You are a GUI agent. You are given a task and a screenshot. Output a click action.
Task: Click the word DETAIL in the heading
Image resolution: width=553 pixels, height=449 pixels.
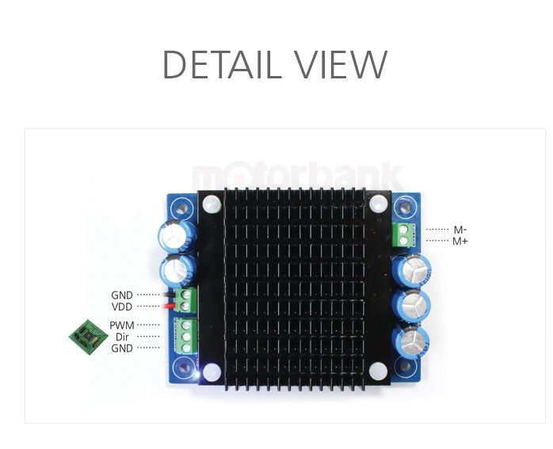tap(218, 64)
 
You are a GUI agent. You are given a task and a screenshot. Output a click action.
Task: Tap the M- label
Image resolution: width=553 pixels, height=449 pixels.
tap(460, 230)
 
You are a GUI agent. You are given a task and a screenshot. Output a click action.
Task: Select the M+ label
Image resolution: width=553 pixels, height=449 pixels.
tap(460, 242)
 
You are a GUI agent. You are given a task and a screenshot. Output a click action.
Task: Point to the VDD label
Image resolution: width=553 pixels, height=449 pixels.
tap(122, 307)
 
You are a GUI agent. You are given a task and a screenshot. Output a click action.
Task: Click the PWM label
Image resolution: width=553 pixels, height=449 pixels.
tap(122, 325)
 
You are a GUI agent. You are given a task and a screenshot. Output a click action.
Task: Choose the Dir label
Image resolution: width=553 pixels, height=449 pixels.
tap(122, 337)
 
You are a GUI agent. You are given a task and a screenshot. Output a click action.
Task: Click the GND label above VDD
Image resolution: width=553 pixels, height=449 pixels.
tap(122, 295)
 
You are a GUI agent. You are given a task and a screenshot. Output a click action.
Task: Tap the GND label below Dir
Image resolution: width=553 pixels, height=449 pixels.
tap(122, 348)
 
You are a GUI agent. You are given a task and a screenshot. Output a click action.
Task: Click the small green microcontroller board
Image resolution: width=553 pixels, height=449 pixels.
tap(88, 337)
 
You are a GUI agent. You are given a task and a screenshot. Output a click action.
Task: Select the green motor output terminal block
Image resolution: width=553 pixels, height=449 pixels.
tap(402, 234)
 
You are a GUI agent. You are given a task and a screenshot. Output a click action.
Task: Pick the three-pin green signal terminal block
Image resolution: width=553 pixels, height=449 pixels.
tap(185, 336)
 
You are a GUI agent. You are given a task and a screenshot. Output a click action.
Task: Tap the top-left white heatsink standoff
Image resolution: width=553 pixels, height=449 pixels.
tap(212, 204)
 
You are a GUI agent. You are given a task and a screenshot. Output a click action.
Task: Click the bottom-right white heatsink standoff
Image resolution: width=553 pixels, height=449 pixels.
tap(378, 371)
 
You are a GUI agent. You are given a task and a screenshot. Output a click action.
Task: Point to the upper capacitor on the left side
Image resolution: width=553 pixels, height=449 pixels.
tap(177, 236)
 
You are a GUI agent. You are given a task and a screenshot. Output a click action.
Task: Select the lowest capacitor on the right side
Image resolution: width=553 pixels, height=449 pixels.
tap(410, 343)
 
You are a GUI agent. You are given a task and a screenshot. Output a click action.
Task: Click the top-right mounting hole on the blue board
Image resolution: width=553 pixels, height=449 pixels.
tap(405, 207)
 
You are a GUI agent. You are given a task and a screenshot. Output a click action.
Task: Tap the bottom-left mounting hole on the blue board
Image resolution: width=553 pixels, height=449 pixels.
tap(183, 368)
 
